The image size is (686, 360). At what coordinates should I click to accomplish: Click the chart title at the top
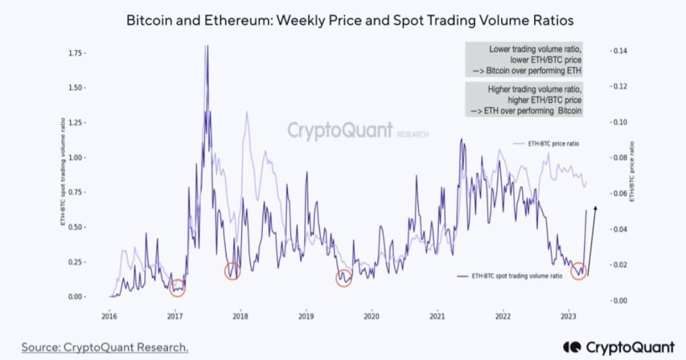tap(350, 21)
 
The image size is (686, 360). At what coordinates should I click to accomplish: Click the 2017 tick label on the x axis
tap(175, 316)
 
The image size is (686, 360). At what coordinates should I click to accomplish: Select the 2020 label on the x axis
tap(371, 316)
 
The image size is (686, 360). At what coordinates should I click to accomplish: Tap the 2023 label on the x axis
tap(568, 316)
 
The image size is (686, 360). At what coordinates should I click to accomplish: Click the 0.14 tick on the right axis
tap(617, 51)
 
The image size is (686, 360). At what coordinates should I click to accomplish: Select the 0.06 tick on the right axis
tap(617, 194)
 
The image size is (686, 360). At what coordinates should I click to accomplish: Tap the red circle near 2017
tap(177, 288)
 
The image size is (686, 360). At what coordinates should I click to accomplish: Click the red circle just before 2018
tap(232, 272)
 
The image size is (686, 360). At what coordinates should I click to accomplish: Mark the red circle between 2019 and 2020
tap(344, 278)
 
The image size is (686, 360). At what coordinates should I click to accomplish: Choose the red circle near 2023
tap(579, 272)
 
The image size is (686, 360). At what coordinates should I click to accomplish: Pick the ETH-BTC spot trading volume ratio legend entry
tap(509, 276)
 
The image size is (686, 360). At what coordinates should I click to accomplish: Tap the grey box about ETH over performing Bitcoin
tap(525, 100)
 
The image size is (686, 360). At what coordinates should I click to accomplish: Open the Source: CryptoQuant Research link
tap(105, 347)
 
